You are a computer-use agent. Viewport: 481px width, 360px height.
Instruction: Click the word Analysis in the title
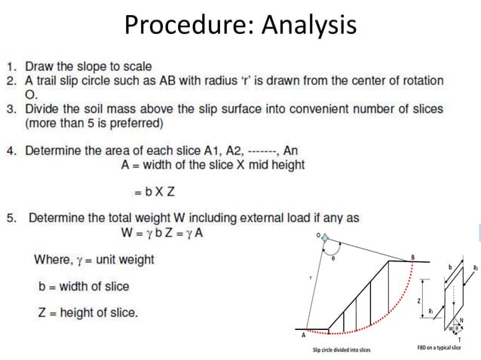(308, 26)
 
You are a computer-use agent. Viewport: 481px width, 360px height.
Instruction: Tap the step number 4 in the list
(12, 151)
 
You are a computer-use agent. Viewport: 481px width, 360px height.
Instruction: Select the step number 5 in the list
(12, 218)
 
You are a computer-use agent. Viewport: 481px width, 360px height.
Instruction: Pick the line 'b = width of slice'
(83, 286)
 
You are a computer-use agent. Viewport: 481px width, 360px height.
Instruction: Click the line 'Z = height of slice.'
(87, 313)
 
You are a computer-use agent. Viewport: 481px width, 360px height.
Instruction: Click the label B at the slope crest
(412, 258)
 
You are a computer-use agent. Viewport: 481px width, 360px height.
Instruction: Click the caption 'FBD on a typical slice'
(440, 349)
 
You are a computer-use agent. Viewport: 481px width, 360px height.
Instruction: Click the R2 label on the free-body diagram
(475, 267)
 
